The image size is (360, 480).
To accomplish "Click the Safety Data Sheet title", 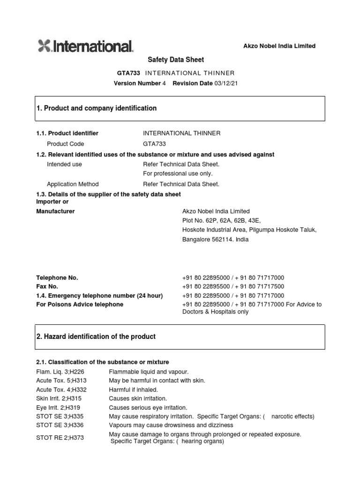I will coord(176,60).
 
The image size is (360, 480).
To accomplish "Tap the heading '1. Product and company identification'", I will coord(97,108).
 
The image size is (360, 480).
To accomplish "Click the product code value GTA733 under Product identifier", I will coord(154,144).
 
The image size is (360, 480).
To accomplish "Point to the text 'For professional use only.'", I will coord(174,174).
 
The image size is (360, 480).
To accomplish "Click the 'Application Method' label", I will coord(73,184).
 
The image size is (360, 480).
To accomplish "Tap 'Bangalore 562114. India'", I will coord(215,239).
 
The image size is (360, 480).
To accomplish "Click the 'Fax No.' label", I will coord(47,286).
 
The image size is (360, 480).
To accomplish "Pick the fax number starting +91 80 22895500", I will coord(233,286).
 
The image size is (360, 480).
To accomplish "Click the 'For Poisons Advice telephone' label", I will coord(80,304).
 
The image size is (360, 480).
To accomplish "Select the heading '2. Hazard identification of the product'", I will coord(96,337).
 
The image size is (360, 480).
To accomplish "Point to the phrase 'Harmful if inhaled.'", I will coord(133,390).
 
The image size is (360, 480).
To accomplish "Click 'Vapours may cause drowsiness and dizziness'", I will coord(171,425).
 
